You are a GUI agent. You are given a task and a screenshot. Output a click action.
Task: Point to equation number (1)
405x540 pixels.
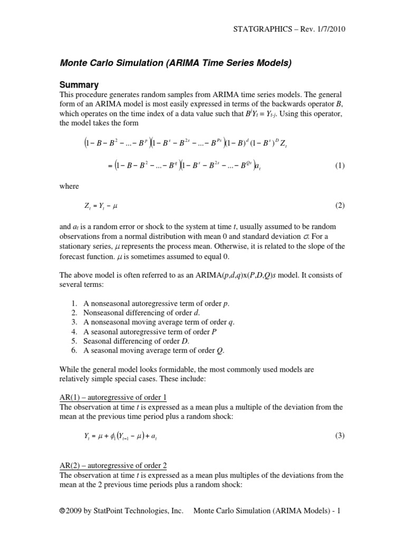[x=340, y=166]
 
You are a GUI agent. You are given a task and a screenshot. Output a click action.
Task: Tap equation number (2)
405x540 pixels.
[x=340, y=205]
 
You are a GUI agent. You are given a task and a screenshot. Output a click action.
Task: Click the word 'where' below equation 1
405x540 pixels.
[x=70, y=186]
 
